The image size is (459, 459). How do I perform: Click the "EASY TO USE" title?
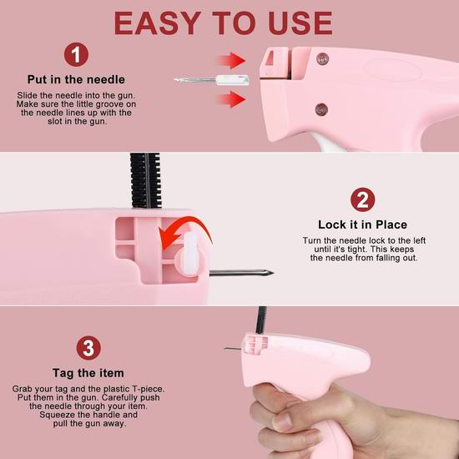[x=223, y=23]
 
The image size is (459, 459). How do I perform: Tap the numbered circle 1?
[x=76, y=54]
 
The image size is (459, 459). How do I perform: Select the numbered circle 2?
[x=363, y=199]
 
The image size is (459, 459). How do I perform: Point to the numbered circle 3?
[x=88, y=348]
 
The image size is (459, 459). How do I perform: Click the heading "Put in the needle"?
[x=76, y=79]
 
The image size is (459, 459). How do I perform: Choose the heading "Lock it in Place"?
[x=363, y=224]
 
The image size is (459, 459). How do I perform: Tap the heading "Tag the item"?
[x=88, y=373]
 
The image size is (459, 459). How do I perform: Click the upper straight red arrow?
[x=231, y=61]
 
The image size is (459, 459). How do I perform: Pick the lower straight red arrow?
[x=231, y=99]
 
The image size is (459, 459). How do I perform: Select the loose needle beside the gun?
[x=212, y=79]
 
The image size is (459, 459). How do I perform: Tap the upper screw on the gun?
[x=322, y=59]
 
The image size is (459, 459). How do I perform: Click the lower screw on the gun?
[x=321, y=109]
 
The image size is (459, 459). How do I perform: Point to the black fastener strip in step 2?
[x=146, y=180]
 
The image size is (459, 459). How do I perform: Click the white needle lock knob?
[x=189, y=255]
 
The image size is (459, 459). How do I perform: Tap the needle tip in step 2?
[x=272, y=273]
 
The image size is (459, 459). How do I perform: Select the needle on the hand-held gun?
[x=232, y=349]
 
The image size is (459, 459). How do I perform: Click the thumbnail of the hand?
[x=282, y=421]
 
